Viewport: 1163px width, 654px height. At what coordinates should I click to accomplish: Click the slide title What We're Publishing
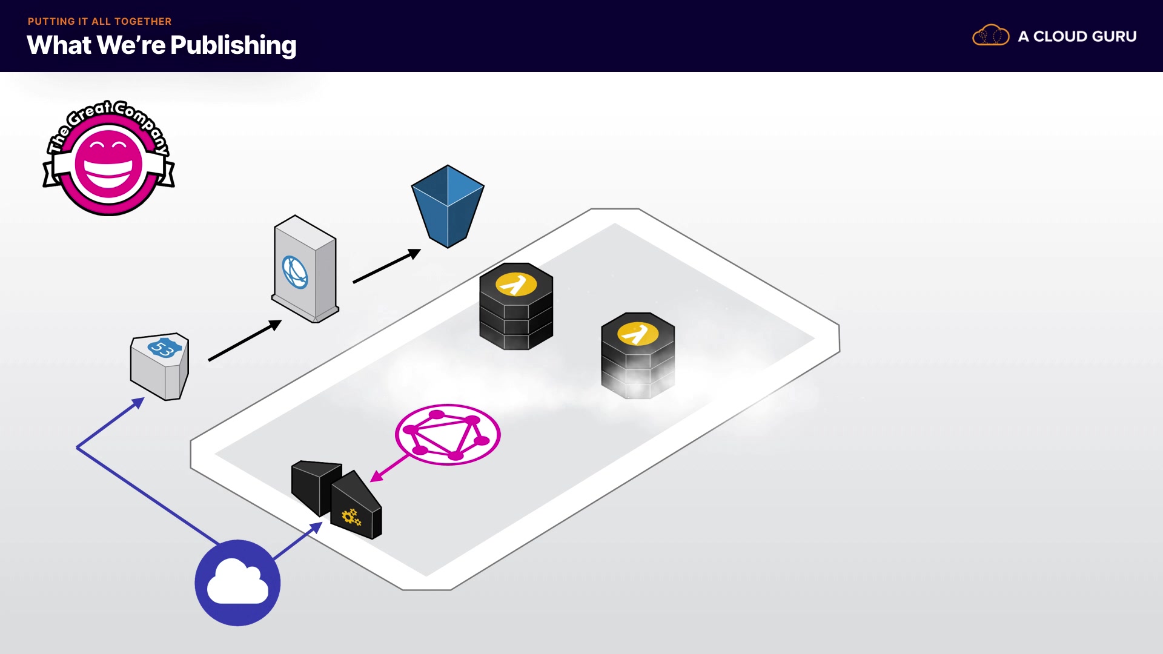point(161,45)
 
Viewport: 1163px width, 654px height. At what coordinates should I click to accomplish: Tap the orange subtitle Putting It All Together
point(99,21)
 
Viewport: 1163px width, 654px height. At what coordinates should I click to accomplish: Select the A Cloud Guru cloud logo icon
point(990,36)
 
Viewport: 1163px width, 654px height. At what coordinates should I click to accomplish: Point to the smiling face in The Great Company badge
point(108,163)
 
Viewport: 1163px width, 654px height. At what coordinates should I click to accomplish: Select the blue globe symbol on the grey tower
point(295,272)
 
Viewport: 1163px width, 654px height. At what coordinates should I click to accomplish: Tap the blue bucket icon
point(448,206)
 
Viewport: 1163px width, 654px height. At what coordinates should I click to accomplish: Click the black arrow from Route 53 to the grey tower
point(245,341)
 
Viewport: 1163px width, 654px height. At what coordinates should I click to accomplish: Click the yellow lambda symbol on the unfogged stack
point(516,283)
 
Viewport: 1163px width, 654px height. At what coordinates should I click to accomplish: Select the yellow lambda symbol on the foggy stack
point(637,333)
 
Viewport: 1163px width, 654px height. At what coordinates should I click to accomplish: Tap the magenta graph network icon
point(448,434)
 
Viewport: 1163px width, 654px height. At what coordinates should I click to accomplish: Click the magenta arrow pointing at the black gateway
point(389,468)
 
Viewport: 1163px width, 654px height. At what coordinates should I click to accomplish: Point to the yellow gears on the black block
point(351,517)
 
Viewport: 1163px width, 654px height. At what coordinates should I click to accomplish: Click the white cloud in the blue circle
point(237,583)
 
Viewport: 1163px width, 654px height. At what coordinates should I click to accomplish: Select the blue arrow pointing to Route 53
point(109,424)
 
